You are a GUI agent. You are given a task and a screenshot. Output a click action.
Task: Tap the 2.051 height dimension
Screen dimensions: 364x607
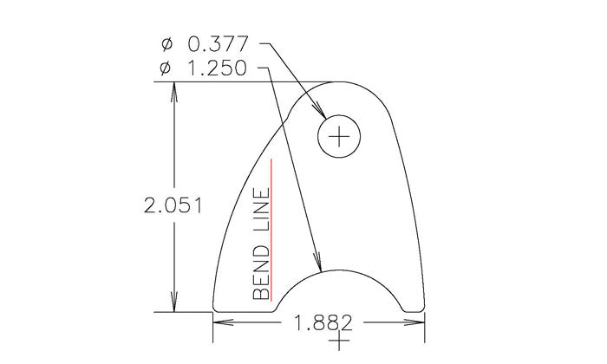tap(173, 205)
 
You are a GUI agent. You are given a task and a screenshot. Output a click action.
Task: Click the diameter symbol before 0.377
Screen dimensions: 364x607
tap(167, 43)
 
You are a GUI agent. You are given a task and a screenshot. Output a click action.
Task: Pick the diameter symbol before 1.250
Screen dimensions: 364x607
tap(167, 68)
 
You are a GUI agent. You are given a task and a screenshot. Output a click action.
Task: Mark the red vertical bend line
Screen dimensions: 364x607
tap(272, 230)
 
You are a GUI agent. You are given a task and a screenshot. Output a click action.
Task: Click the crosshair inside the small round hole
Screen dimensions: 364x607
tap(339, 136)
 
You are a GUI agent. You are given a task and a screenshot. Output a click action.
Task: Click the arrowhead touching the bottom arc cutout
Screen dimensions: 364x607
tap(318, 263)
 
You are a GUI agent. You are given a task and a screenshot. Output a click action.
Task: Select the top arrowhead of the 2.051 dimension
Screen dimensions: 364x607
tap(176, 90)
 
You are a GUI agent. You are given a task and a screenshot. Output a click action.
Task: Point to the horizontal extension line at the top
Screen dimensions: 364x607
tap(243, 82)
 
